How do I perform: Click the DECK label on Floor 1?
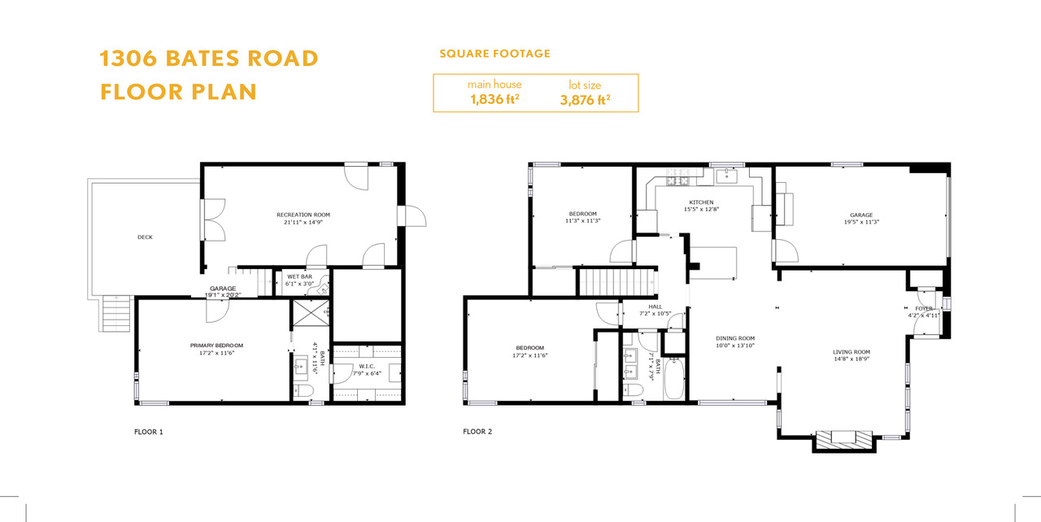tap(145, 237)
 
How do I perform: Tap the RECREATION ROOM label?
tap(303, 215)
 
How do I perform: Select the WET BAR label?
tap(300, 276)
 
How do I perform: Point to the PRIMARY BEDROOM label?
tap(216, 346)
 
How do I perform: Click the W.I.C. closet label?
tap(367, 367)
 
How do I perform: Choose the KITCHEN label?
tap(701, 202)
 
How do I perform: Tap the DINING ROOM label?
tap(735, 338)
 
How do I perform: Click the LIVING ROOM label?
tap(852, 352)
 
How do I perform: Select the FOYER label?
tap(924, 309)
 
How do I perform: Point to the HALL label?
tap(656, 307)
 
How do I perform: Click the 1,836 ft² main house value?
tap(494, 99)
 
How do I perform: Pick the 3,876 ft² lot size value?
tap(585, 100)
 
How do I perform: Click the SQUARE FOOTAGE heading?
tap(495, 54)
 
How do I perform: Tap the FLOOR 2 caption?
tap(477, 432)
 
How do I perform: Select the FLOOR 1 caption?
tap(149, 432)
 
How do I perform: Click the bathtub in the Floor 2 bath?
tap(674, 379)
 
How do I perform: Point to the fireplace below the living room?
tap(844, 441)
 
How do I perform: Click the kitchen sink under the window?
tap(726, 176)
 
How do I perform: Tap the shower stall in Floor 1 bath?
tap(311, 313)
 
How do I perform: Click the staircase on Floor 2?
tap(617, 282)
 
